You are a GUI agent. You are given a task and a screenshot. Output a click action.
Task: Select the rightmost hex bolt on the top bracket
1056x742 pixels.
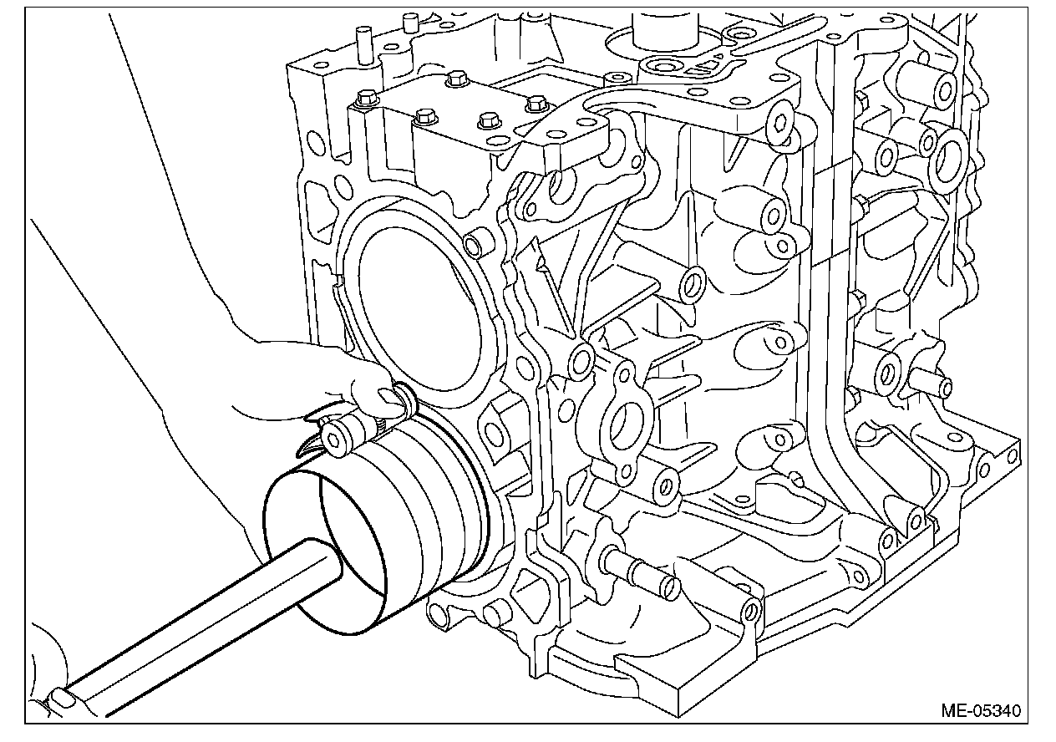[535, 104]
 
